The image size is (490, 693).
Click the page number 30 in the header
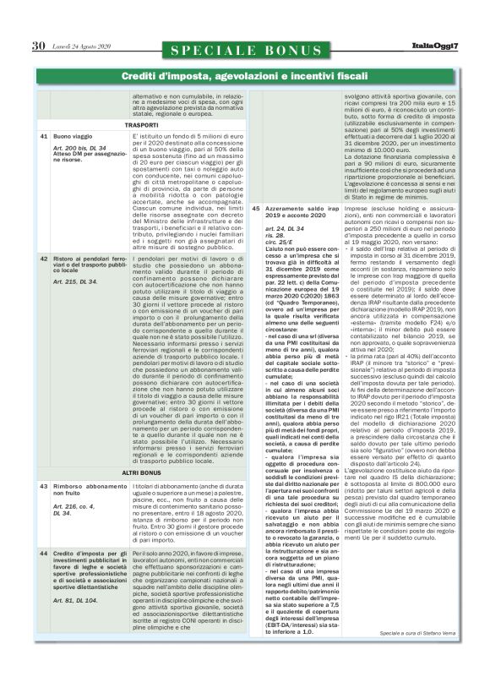pyautogui.click(x=37, y=45)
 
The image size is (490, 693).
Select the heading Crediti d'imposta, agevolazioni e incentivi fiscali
pyautogui.click(x=244, y=78)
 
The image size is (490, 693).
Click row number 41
pyautogui.click(x=43, y=136)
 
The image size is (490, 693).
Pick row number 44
pyautogui.click(x=43, y=554)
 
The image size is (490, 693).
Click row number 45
pyautogui.click(x=256, y=207)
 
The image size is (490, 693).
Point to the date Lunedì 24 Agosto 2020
pyautogui.click(x=90, y=46)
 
